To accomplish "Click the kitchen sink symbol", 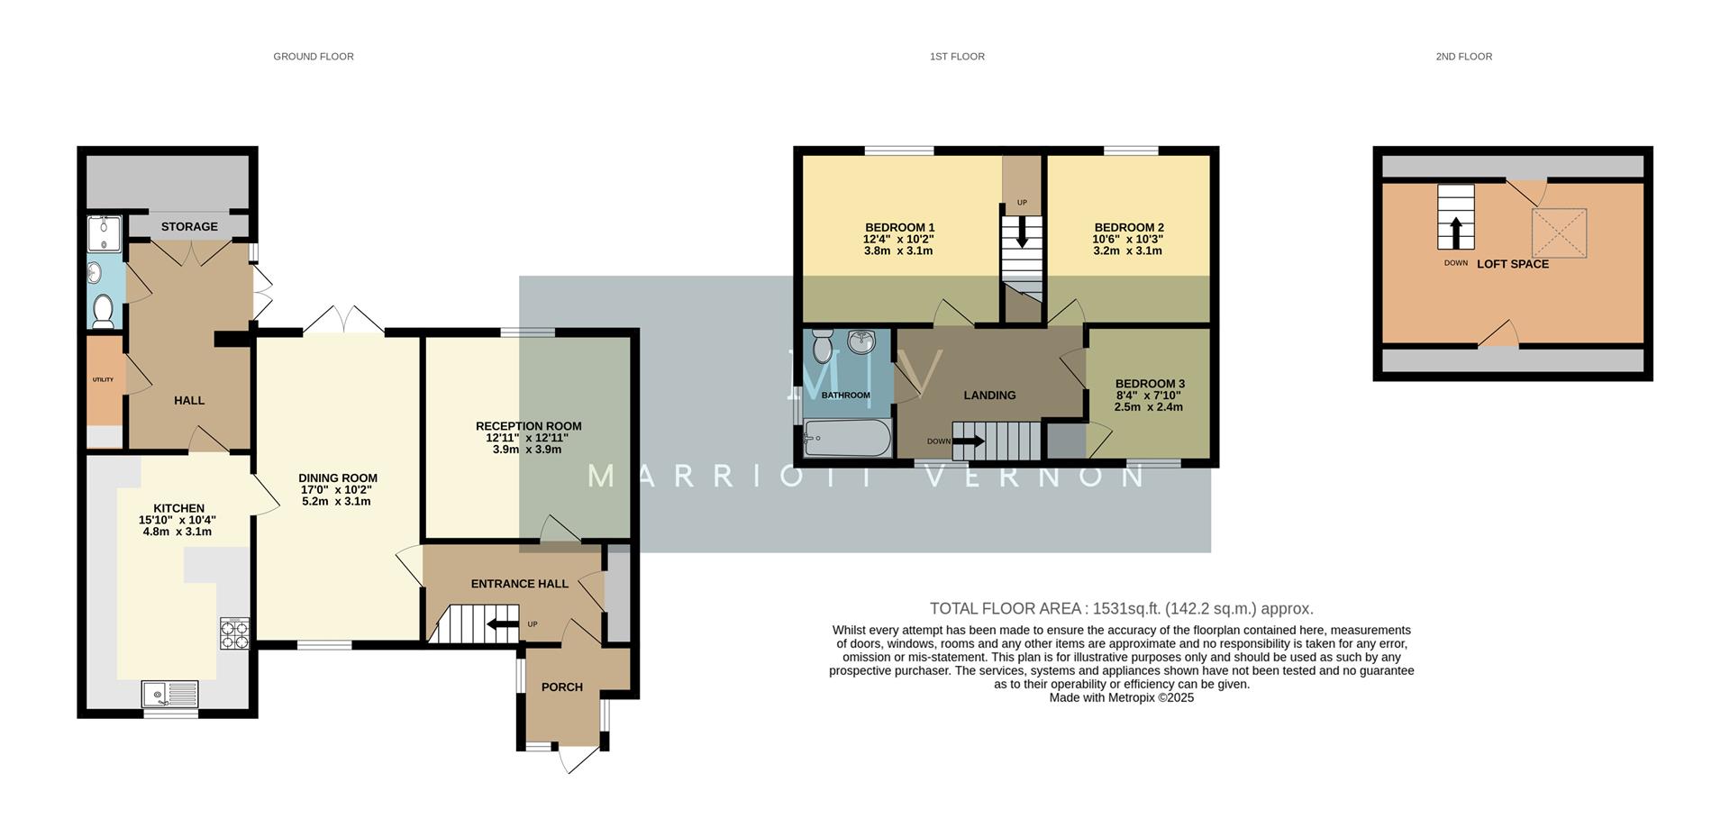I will point(170,695).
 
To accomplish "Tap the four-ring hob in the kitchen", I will point(234,633).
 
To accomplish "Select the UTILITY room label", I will point(103,379).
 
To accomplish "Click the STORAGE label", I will point(189,226).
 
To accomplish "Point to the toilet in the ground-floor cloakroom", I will point(103,313).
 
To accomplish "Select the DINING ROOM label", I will point(338,478).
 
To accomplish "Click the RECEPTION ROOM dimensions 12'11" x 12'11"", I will point(528,438).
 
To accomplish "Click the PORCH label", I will point(561,687).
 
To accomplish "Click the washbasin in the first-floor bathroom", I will point(862,341).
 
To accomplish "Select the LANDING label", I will point(989,396).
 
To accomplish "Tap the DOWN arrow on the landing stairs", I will point(969,441).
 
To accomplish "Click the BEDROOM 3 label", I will point(1150,384).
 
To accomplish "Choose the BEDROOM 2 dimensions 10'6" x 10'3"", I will point(1128,239).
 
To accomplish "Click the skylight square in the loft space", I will point(1559,232).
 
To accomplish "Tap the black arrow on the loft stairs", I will point(1455,232).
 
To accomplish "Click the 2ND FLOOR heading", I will point(1463,57).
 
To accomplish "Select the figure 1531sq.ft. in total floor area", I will point(1127,608).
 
